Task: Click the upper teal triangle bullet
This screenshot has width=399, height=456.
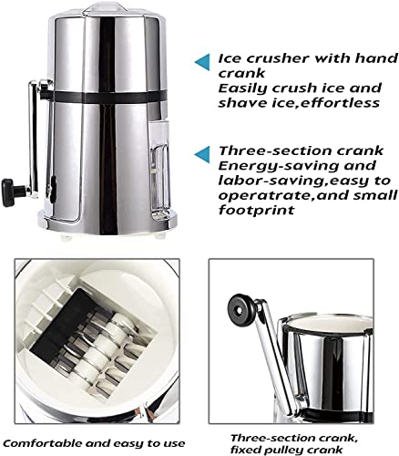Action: (202, 61)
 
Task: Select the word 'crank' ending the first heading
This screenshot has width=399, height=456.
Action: (239, 73)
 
